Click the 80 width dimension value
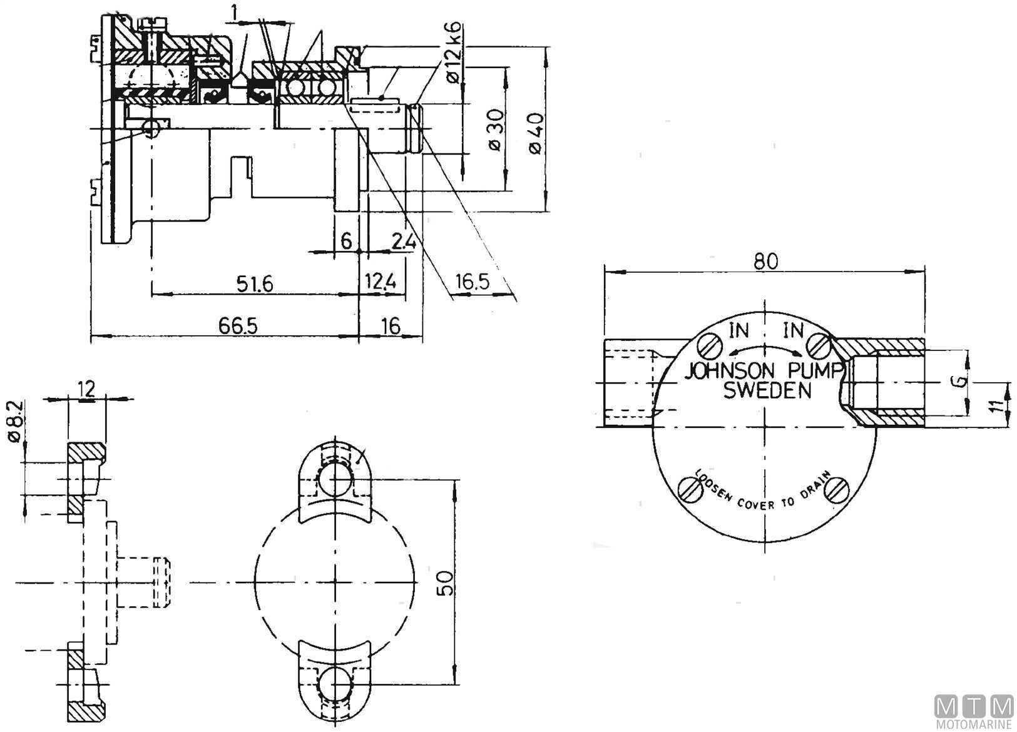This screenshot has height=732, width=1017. click(x=765, y=261)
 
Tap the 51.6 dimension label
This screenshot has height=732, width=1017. click(x=254, y=283)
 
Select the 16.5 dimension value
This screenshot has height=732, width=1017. click(x=472, y=282)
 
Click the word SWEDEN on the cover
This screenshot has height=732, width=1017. click(x=767, y=391)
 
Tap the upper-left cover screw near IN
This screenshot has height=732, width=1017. click(x=710, y=344)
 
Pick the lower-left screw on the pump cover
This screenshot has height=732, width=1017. click(x=690, y=490)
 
